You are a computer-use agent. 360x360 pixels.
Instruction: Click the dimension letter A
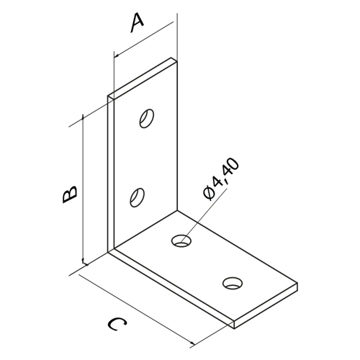point(138,23)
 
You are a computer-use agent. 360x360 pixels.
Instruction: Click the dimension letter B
point(70,194)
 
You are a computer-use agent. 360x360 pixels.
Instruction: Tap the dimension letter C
point(117,324)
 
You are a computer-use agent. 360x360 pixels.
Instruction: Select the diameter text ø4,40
point(221,179)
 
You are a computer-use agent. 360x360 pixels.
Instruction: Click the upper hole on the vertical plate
point(146,119)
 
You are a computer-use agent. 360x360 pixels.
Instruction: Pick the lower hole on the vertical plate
point(137,197)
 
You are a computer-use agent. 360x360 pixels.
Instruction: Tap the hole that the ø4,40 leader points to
point(181,240)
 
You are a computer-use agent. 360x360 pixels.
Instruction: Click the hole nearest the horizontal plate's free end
point(233,283)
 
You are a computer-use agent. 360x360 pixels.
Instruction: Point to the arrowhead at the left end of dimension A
point(117,56)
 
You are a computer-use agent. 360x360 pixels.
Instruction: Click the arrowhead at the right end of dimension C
point(192,343)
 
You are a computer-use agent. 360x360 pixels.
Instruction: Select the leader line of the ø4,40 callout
point(204,214)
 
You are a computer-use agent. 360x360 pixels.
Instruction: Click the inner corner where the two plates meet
point(177,211)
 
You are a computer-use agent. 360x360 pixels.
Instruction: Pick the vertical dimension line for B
point(83,190)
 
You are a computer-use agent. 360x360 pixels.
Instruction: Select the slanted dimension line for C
point(136,310)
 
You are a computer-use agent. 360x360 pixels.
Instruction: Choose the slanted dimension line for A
point(143,40)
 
